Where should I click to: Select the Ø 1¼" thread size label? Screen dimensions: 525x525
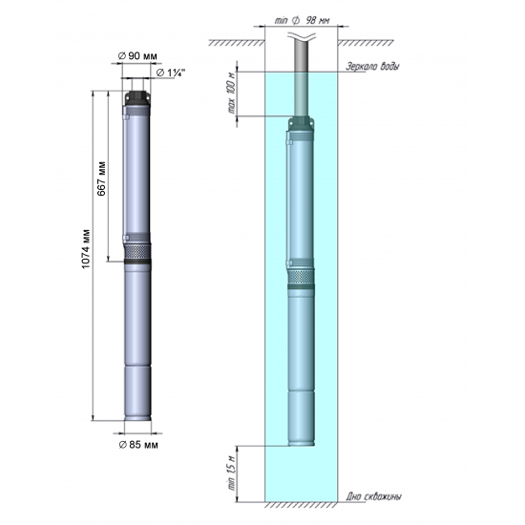pyautogui.click(x=171, y=73)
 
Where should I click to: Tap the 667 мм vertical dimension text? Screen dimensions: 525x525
pyautogui.click(x=101, y=176)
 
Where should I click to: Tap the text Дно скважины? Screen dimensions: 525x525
pyautogui.click(x=375, y=497)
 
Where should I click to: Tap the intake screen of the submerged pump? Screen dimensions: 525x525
pyautogui.click(x=302, y=276)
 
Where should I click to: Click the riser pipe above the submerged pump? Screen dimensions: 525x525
pyautogui.click(x=302, y=86)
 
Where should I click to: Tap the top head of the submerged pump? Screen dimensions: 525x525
pyautogui.click(x=302, y=124)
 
